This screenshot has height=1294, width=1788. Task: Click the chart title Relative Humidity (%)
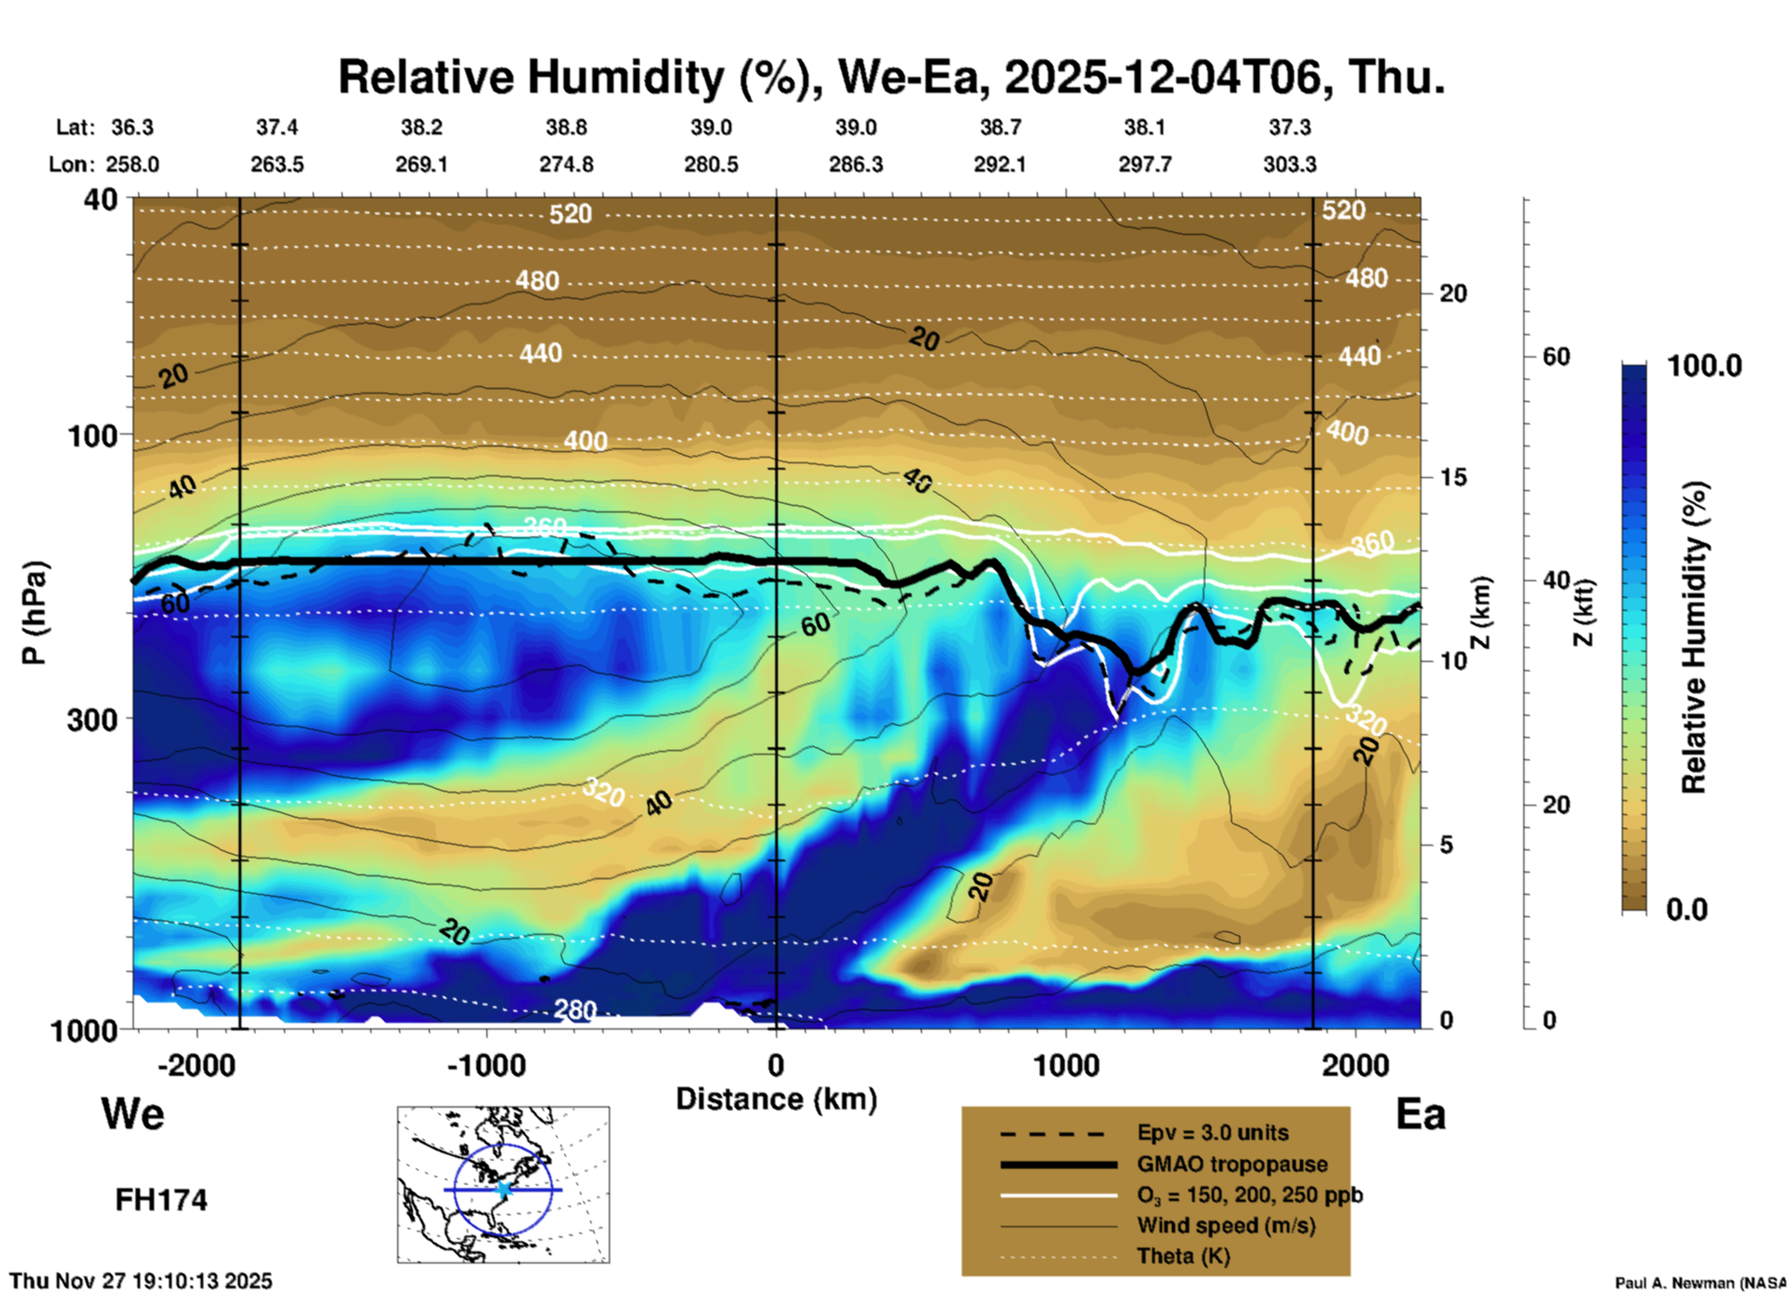pos(890,77)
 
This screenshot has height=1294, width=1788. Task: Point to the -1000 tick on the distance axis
pos(486,1065)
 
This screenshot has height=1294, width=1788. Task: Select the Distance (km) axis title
pos(776,1099)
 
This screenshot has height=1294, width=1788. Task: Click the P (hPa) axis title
pos(34,612)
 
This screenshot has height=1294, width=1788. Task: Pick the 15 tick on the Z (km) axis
pos(1452,477)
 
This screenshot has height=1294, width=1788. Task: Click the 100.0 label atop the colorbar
pos(1704,366)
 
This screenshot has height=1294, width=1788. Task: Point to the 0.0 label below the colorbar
pos(1687,910)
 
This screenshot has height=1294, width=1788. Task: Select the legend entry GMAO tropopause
pos(1232,1164)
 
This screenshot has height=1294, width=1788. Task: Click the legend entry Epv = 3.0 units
pos(1212,1132)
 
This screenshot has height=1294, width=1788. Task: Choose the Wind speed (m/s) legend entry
pos(1225,1225)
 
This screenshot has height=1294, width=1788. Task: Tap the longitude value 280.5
pos(711,164)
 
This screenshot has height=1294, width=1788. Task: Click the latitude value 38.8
pos(566,127)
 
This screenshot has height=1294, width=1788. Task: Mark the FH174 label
pos(161,1200)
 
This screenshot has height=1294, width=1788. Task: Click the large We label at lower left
pos(133,1114)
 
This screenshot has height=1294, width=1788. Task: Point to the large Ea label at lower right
pos(1420,1114)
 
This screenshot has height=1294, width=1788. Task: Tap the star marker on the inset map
pos(503,1188)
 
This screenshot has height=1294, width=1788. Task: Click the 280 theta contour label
pos(575,1009)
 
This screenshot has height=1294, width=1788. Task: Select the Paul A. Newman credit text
pos(1699,1282)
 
